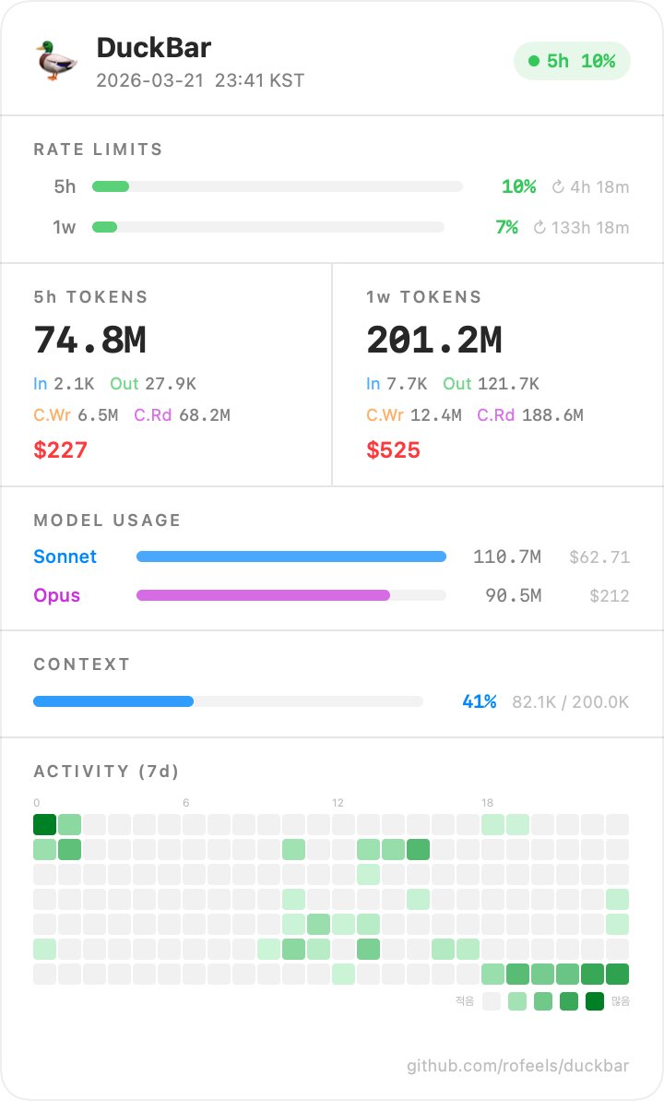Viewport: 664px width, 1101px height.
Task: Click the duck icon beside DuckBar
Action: (55, 61)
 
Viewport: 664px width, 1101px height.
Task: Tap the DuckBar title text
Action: (154, 48)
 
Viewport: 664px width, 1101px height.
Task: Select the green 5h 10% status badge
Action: (572, 62)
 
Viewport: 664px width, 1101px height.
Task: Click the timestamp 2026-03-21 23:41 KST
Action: (200, 80)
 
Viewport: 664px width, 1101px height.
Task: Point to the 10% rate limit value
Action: (518, 186)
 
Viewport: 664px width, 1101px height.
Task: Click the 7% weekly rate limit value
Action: (506, 227)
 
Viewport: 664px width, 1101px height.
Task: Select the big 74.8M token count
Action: (89, 340)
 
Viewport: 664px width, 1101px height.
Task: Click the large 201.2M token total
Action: (433, 340)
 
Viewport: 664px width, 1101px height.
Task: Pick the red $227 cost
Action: (61, 449)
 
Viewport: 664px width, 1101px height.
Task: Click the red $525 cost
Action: (393, 449)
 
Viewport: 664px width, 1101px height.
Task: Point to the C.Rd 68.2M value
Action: (182, 415)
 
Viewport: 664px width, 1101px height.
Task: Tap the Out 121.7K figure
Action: (491, 384)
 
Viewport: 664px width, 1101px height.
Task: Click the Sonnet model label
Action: (65, 556)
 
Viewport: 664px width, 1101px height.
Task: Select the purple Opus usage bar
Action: (263, 595)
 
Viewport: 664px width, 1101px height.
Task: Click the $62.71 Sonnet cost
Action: (599, 556)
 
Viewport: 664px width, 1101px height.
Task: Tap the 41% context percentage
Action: (480, 701)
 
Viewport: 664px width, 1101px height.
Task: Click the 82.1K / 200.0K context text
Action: (570, 701)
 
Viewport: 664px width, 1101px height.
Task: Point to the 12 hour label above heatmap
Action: (338, 803)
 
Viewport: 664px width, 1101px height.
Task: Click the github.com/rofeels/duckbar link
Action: (517, 1066)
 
